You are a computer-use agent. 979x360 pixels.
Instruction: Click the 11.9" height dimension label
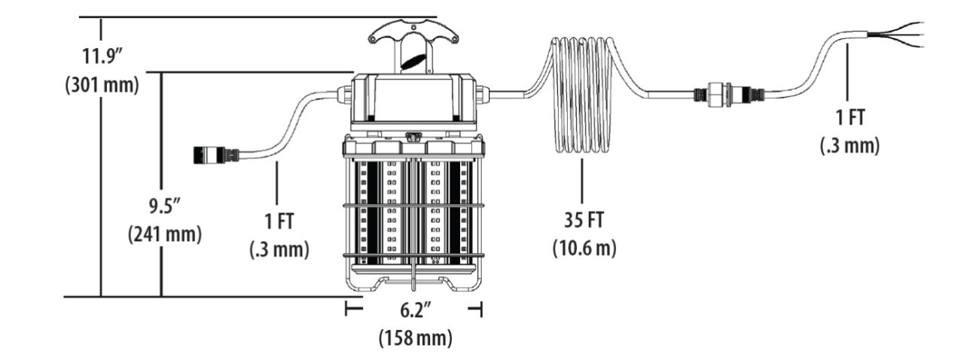102,56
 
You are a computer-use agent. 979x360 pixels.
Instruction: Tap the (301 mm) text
102,85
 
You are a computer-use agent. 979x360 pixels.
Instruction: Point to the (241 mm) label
165,235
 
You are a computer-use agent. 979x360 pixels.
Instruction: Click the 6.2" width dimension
415,310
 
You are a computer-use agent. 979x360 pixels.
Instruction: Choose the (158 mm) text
415,338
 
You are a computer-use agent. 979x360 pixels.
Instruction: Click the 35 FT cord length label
584,220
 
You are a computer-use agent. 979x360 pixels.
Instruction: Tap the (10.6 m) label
584,248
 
